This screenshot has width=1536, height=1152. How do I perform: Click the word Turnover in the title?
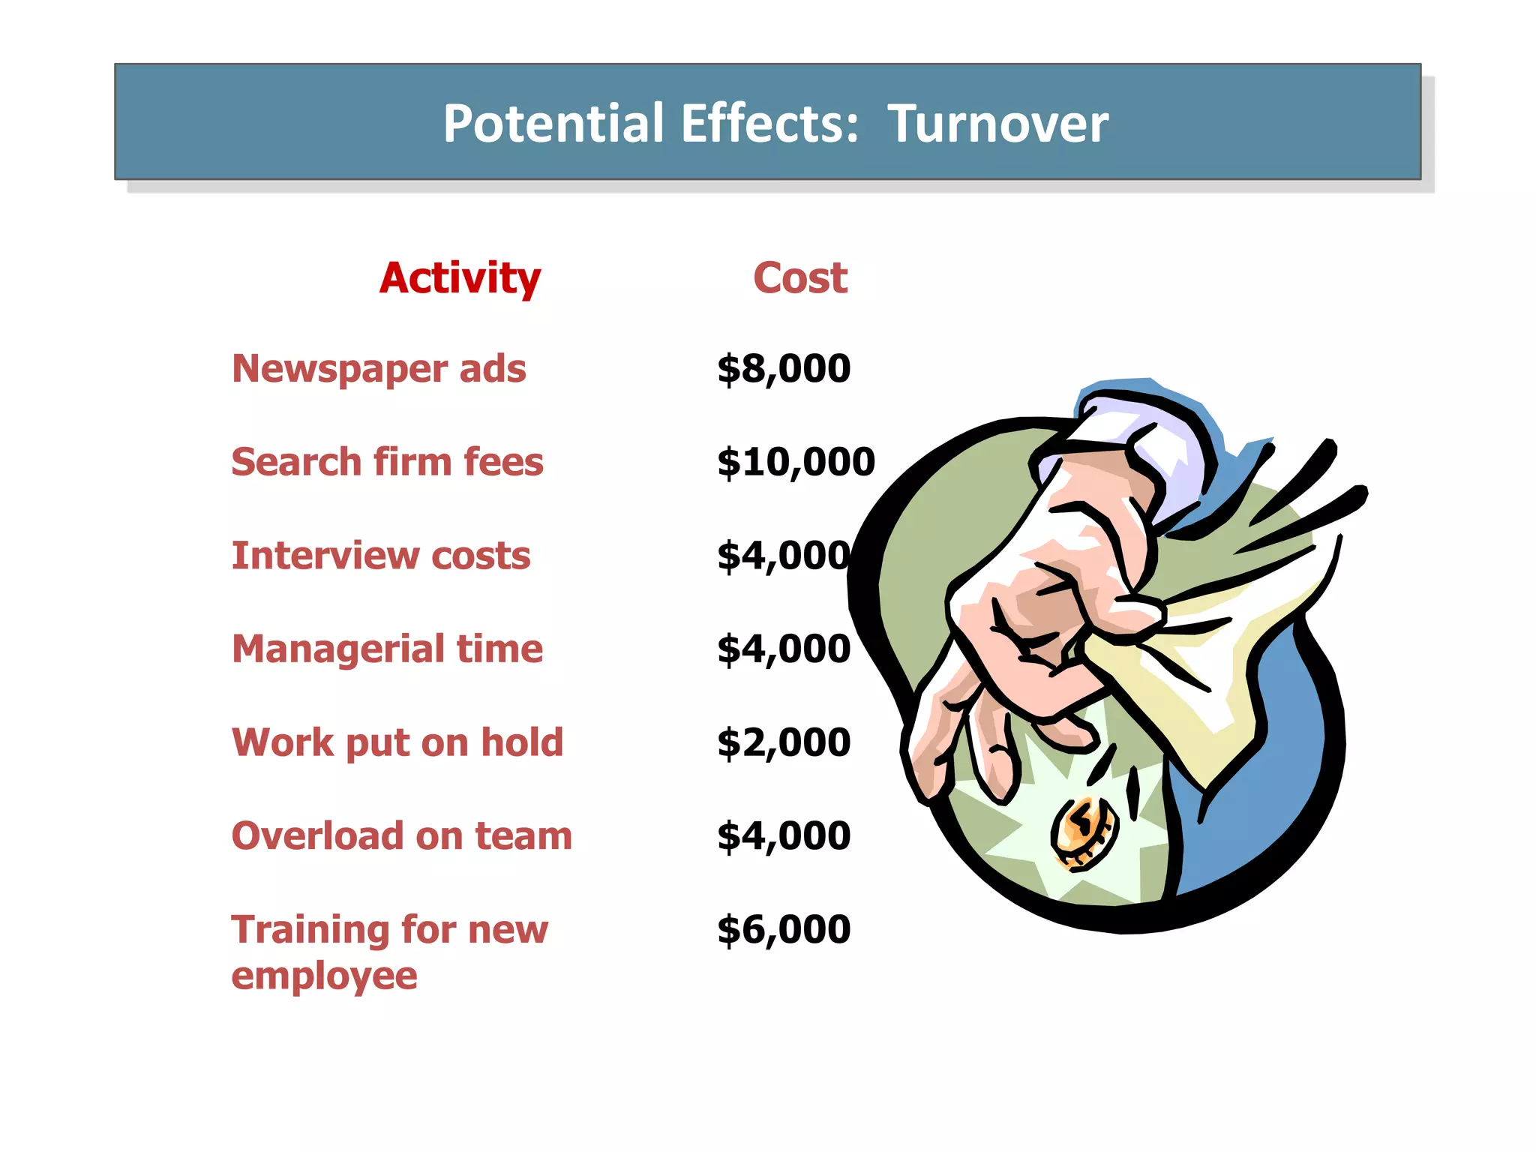pyautogui.click(x=997, y=124)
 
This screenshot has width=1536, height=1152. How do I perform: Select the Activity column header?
pyautogui.click(x=460, y=278)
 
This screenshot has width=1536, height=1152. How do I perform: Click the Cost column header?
pyautogui.click(x=800, y=278)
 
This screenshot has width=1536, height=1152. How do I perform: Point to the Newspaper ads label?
pyautogui.click(x=379, y=369)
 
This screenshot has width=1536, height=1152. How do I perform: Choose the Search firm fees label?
pyautogui.click(x=387, y=462)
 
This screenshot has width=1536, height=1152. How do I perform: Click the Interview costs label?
pyautogui.click(x=381, y=556)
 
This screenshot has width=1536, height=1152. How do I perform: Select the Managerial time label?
pyautogui.click(x=387, y=649)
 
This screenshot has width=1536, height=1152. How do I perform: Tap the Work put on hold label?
pyautogui.click(x=397, y=742)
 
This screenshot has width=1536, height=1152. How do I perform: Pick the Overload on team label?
pyautogui.click(x=401, y=835)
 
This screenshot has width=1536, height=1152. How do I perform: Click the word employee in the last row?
pyautogui.click(x=324, y=976)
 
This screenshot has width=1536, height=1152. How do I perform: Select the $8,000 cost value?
pyautogui.click(x=784, y=369)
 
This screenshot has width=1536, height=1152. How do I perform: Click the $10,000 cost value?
pyautogui.click(x=796, y=462)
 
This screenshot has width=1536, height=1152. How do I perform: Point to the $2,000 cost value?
pyautogui.click(x=784, y=742)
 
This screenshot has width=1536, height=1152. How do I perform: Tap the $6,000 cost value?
pyautogui.click(x=784, y=929)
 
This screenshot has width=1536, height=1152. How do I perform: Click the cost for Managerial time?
pyautogui.click(x=784, y=649)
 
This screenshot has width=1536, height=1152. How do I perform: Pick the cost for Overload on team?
pyautogui.click(x=784, y=835)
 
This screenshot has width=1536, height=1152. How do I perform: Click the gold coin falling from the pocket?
pyautogui.click(x=1083, y=832)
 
